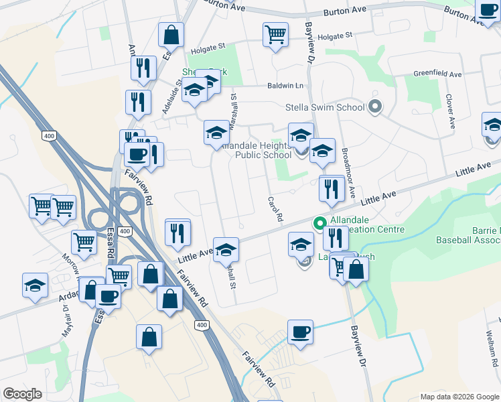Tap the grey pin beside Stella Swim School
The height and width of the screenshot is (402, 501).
375,107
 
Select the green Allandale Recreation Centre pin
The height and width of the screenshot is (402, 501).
319,224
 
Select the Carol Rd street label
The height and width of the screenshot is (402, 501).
273,209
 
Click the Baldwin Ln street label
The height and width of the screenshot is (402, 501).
285,86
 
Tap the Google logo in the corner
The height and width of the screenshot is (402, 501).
22,394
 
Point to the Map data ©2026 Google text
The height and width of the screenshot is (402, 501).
459,397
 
